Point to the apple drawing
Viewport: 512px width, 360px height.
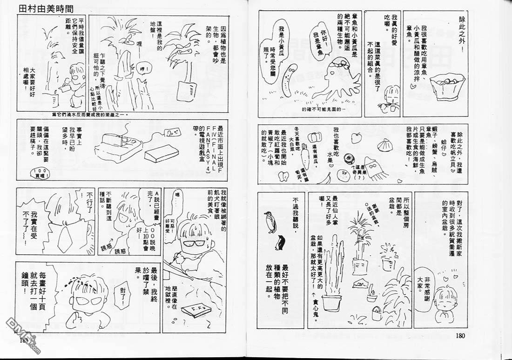(357, 137)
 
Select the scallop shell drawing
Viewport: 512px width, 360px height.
(385, 145)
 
